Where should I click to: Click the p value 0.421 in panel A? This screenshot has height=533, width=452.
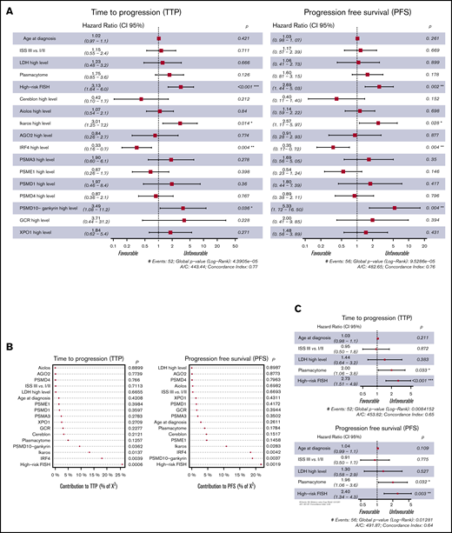click(x=243, y=38)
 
